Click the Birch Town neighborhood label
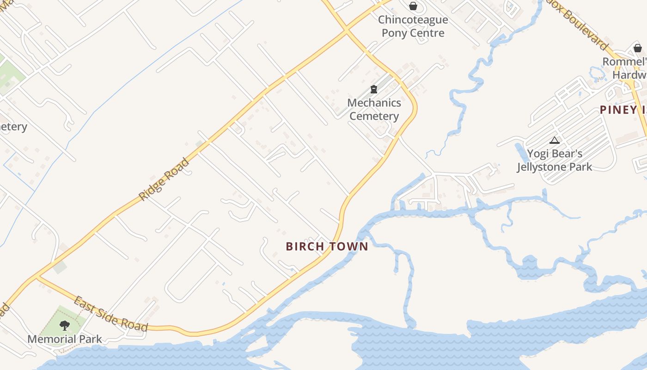click(327, 246)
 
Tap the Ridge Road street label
click(165, 179)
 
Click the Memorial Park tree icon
click(65, 326)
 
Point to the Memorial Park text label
click(65, 339)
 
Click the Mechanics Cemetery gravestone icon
click(374, 89)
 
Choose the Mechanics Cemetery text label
click(374, 109)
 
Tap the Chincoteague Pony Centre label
click(413, 26)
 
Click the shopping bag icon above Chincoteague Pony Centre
click(413, 6)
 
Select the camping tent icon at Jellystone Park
click(554, 140)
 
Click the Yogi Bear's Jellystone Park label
click(555, 160)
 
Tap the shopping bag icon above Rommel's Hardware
click(637, 48)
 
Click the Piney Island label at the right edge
click(623, 110)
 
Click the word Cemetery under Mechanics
click(374, 116)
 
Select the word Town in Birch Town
click(348, 246)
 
